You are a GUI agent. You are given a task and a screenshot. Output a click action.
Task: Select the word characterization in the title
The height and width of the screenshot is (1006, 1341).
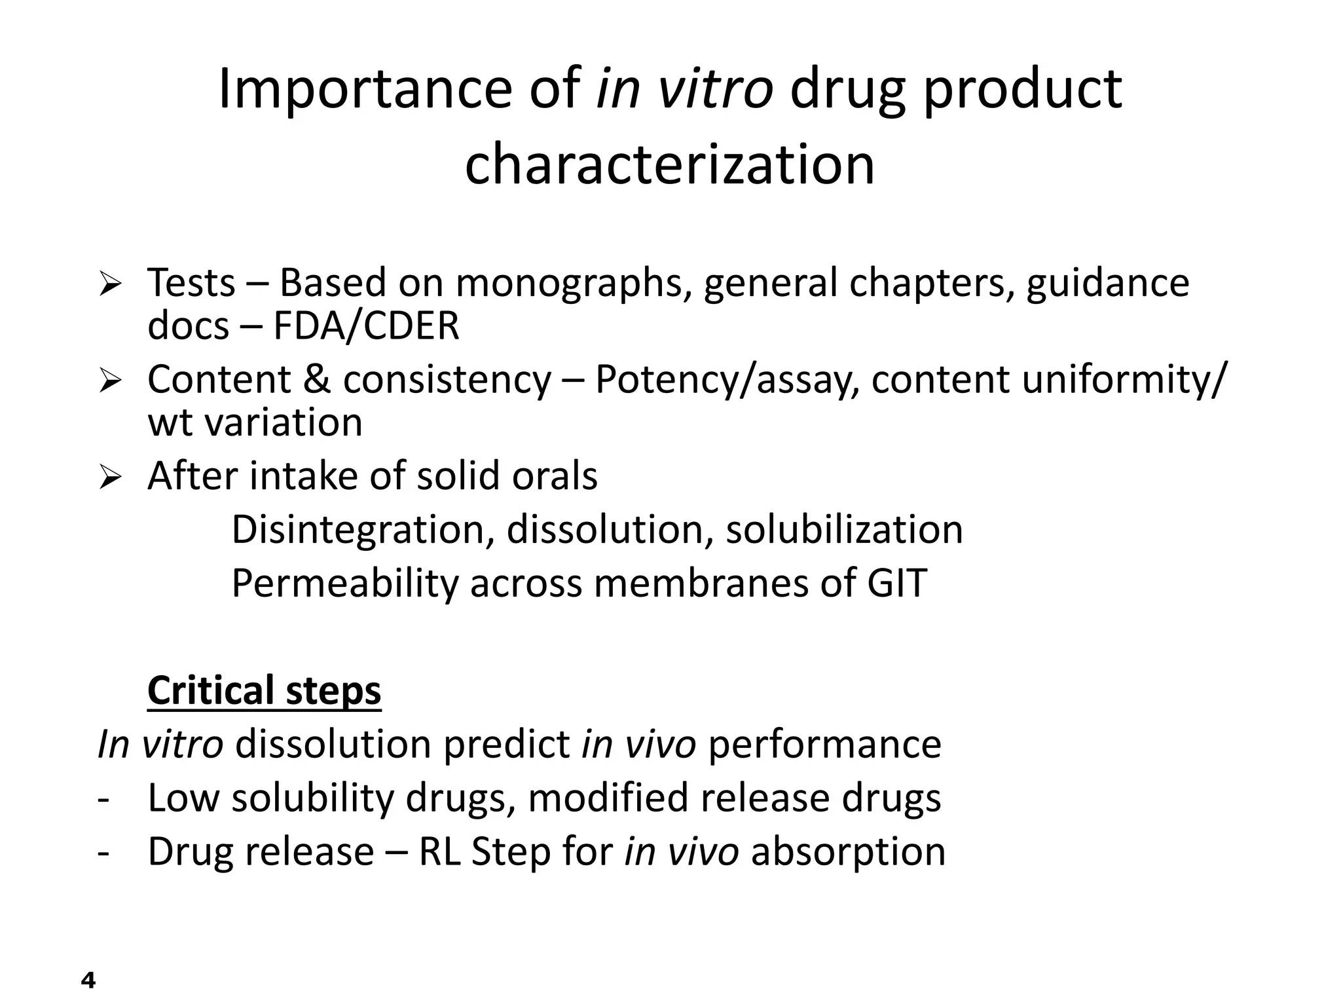pos(669,164)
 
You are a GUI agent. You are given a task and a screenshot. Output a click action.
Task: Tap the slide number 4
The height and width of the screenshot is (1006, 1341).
pos(88,980)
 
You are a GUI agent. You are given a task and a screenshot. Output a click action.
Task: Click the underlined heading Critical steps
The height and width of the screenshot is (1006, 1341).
pos(264,690)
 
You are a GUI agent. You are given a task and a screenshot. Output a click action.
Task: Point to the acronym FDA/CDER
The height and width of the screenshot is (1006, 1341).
pos(366,326)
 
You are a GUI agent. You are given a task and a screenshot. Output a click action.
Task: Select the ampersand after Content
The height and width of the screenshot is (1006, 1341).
pos(317,379)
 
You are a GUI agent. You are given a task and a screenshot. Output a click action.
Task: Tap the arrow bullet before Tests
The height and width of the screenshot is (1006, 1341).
pos(110,284)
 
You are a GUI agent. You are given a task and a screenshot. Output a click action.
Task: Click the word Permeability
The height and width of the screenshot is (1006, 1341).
pos(344,583)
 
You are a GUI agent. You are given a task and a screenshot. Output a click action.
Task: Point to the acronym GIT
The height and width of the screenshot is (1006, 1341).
pos(897,583)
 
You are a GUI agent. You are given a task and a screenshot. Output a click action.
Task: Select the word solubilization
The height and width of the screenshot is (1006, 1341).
pos(844,529)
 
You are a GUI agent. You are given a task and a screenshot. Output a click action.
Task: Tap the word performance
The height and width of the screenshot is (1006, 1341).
pos(824,745)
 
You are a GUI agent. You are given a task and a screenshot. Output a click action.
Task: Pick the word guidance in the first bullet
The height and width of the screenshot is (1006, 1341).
pos(1107,283)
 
